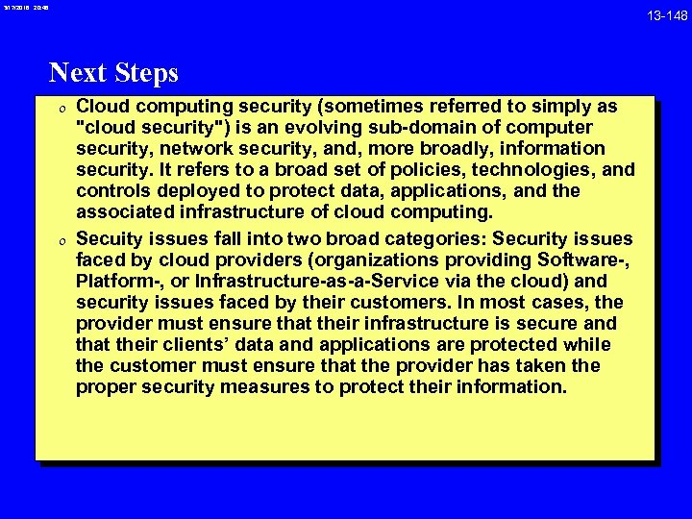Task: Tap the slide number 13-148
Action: pyautogui.click(x=667, y=14)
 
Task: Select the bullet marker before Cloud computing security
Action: pyautogui.click(x=60, y=108)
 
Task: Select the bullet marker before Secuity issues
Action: pyautogui.click(x=60, y=239)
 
